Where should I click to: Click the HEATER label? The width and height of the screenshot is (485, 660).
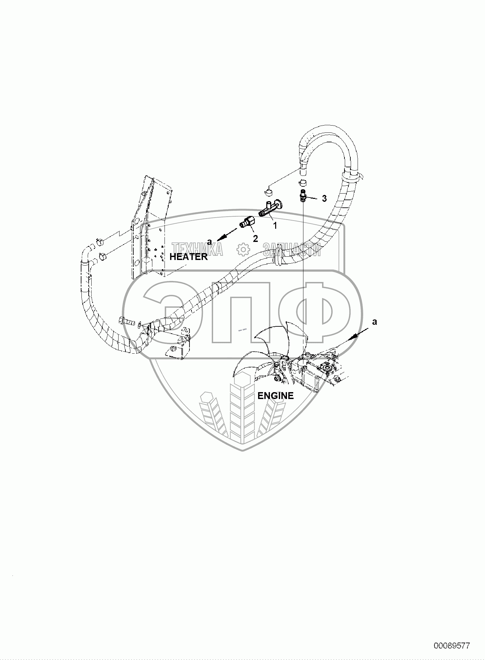tap(188, 257)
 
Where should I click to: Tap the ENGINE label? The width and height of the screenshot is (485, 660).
tap(276, 396)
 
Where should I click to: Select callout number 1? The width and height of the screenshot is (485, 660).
tap(275, 225)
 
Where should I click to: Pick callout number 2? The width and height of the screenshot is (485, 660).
tap(255, 239)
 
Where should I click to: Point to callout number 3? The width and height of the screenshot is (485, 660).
tap(324, 198)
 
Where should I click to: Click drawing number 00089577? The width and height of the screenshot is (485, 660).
tap(452, 646)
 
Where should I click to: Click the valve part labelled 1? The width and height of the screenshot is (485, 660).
tap(269, 209)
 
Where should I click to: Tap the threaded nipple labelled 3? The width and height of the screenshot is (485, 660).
tap(302, 196)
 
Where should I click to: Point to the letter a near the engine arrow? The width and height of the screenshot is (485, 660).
tap(374, 322)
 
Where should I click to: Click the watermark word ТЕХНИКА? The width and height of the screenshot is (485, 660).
tap(197, 249)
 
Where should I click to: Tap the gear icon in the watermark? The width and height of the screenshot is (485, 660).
tap(243, 249)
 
